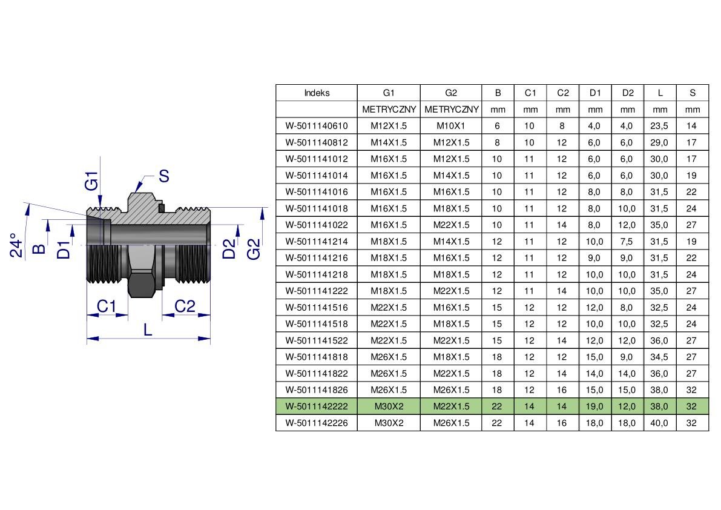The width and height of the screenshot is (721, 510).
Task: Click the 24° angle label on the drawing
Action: [x=16, y=245]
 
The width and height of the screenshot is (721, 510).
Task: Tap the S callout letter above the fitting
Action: [x=163, y=176]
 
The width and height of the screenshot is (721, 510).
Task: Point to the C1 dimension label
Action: [x=106, y=306]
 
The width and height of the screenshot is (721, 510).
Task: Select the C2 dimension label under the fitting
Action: [x=185, y=306]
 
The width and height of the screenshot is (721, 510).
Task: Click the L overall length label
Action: [x=148, y=330]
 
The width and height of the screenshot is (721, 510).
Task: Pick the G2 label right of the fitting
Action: [x=254, y=250]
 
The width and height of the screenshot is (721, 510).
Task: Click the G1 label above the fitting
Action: [x=91, y=180]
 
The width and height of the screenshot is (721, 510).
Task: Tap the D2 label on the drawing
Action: [x=229, y=249]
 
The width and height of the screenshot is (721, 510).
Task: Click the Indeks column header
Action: [x=317, y=93]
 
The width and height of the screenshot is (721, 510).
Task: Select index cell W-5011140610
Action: [x=317, y=126]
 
